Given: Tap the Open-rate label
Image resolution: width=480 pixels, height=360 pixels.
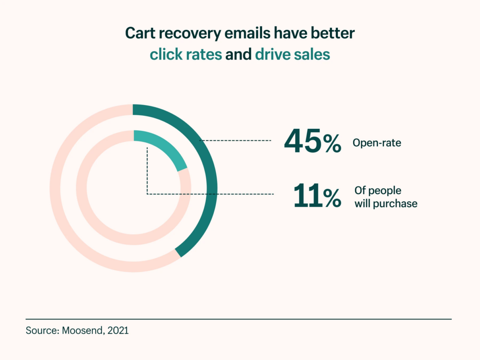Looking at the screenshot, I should click(377, 143).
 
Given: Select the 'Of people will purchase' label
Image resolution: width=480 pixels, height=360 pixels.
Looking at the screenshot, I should click(385, 197).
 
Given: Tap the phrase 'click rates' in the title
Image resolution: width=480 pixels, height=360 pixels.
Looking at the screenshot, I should click(186, 54).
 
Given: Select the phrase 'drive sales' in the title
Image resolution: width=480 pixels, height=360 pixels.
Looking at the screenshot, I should click(292, 54).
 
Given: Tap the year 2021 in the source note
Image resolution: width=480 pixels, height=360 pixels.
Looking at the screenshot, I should click(118, 330).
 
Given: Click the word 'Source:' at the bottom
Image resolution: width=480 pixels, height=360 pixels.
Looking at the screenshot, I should click(41, 330).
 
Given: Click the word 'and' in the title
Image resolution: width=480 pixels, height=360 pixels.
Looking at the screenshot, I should click(239, 54).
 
